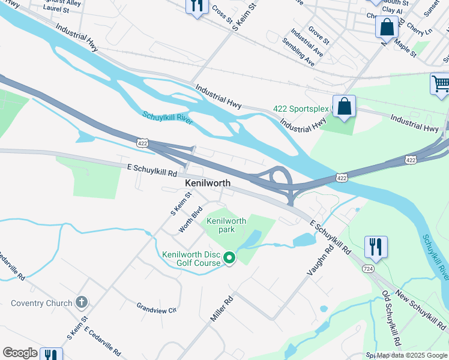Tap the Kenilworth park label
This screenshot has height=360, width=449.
(x=226, y=225)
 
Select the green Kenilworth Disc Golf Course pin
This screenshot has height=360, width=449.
(x=229, y=259)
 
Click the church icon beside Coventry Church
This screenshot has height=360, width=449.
(x=82, y=303)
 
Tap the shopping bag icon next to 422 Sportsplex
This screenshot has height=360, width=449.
(x=345, y=107)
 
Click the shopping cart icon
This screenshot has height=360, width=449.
(x=441, y=83)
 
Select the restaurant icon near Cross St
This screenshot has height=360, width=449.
(x=197, y=6)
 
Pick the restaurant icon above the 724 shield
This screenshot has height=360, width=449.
(x=376, y=246)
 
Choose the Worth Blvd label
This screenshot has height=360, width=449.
(x=190, y=220)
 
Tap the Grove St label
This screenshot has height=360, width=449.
(x=318, y=35)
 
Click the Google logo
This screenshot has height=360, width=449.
(x=20, y=353)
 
